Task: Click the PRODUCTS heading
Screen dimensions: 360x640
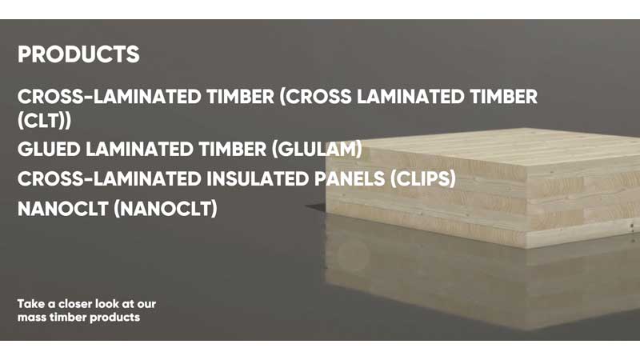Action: click(78, 54)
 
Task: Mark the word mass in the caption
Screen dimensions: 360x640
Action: click(32, 318)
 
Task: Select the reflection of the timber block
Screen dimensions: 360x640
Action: click(480, 280)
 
